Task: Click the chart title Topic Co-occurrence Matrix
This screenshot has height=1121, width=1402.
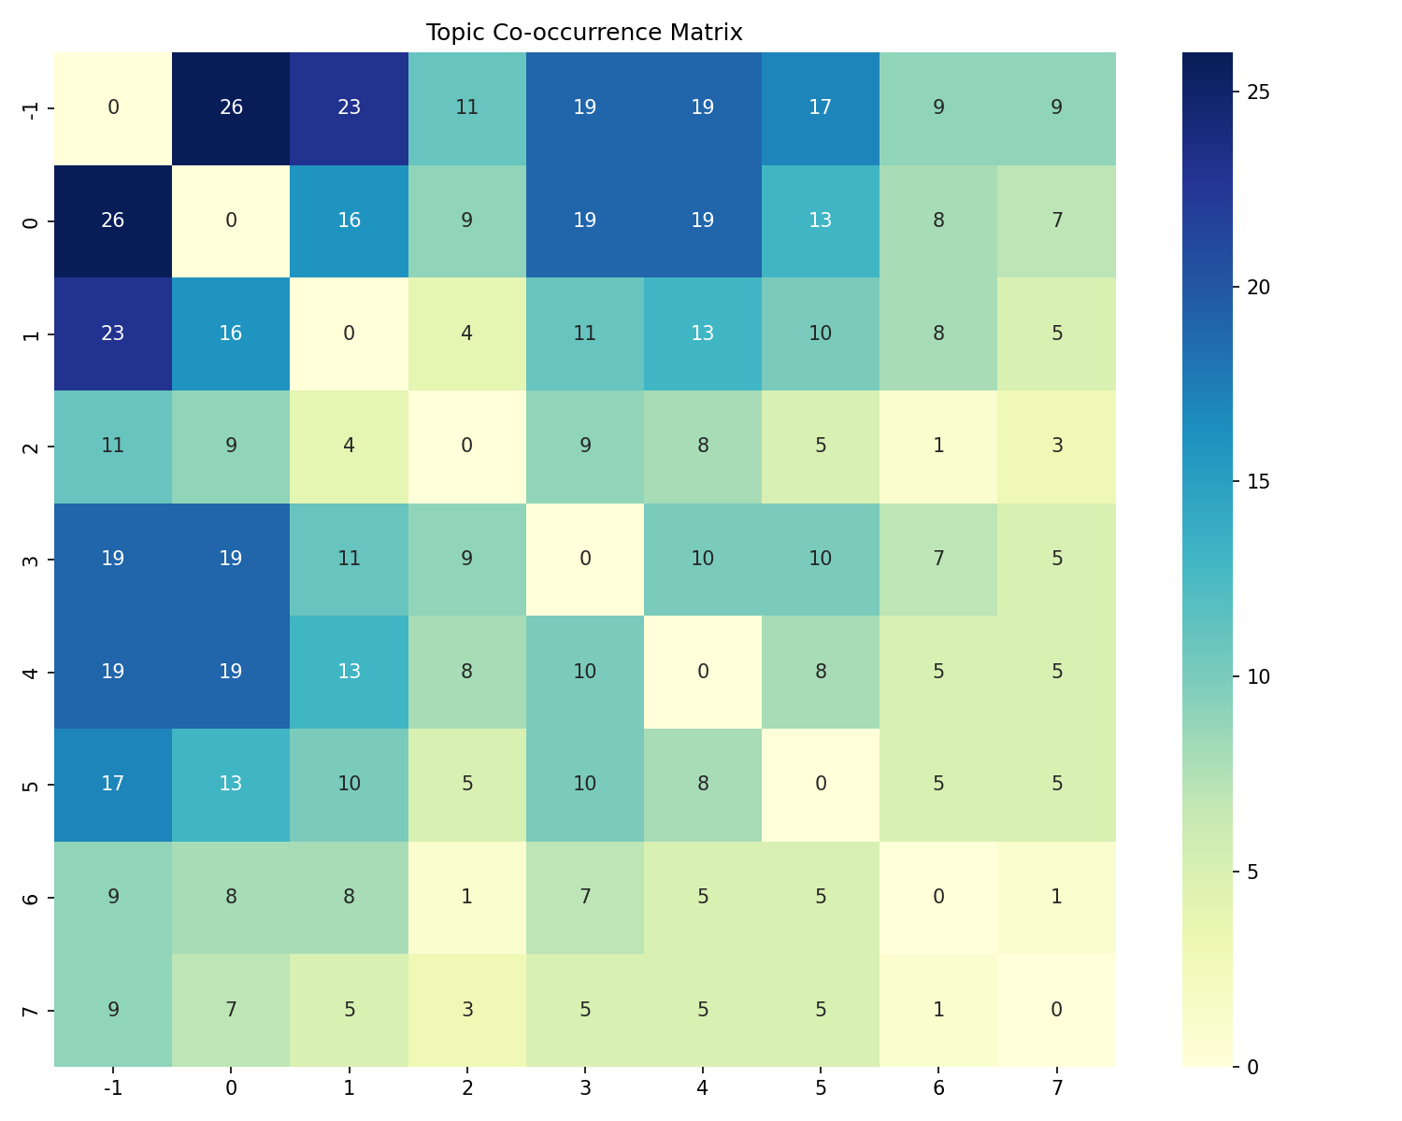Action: [584, 33]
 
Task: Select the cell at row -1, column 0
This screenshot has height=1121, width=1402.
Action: [231, 107]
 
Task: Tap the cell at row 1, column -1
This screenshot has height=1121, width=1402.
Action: [113, 333]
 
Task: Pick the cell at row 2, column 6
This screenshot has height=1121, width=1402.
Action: [938, 447]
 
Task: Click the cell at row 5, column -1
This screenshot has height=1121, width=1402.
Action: [113, 784]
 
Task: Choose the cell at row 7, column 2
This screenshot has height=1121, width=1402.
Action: [466, 1010]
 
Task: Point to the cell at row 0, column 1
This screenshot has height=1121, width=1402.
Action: [349, 220]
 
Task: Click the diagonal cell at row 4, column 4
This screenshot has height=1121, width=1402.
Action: [702, 672]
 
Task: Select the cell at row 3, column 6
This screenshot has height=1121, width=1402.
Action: [938, 559]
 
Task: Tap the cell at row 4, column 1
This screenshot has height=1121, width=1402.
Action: [349, 672]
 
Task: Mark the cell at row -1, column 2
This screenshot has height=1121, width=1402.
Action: [466, 107]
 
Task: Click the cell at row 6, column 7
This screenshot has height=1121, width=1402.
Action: [1056, 897]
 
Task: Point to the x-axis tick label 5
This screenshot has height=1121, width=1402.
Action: [821, 1087]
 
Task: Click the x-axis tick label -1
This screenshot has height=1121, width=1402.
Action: [113, 1087]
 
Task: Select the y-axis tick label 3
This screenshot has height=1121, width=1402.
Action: [32, 559]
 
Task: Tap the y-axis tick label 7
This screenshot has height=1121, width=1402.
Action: [32, 1010]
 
